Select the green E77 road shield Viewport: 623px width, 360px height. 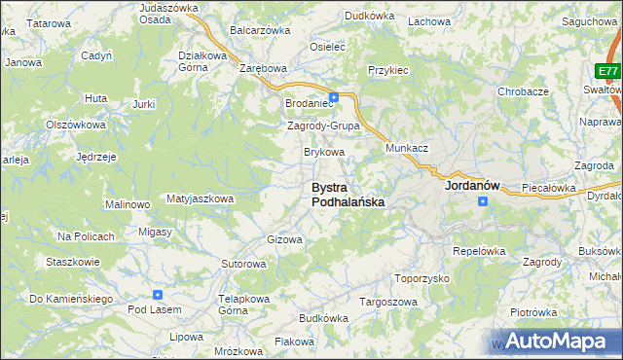point(608,72)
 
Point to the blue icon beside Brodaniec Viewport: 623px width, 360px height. point(334,97)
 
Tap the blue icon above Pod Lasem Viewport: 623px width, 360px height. point(158,295)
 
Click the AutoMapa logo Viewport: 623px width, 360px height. point(557,341)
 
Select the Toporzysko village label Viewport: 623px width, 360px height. point(421,277)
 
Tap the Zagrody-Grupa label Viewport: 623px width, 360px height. point(324,126)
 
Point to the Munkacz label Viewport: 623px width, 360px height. point(407,146)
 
